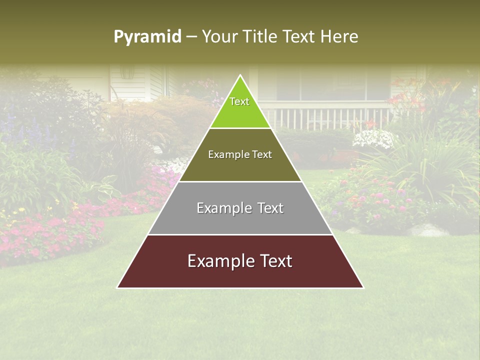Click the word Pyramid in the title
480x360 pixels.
coord(147,37)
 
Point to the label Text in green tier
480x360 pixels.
coord(239,101)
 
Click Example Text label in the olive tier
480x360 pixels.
coord(240,154)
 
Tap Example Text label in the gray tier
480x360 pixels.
coord(240,208)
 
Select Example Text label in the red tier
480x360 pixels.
coord(240,261)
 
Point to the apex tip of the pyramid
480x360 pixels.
coord(240,76)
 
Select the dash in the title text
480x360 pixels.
coord(191,37)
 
